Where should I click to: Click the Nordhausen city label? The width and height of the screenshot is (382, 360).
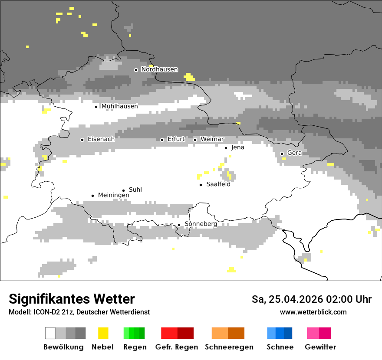(x=159, y=69)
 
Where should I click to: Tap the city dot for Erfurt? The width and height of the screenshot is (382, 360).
(x=162, y=140)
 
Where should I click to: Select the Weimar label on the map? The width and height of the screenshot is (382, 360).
(x=212, y=139)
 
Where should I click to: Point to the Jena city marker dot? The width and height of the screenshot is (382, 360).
(x=226, y=148)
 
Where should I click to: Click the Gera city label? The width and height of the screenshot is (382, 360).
(x=294, y=153)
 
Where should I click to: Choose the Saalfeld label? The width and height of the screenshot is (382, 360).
(x=218, y=184)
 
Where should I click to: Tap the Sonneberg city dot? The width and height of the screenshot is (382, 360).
(x=179, y=225)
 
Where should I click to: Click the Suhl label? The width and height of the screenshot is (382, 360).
(x=135, y=190)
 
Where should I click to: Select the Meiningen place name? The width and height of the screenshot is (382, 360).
(x=113, y=196)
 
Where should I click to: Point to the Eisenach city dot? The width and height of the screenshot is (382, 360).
(x=82, y=140)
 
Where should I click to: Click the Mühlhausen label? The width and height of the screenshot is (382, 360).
(x=119, y=106)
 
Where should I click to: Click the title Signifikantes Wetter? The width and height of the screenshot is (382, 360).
(x=72, y=299)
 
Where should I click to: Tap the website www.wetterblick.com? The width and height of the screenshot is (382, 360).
(x=313, y=312)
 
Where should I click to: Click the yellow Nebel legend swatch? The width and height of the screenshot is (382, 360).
(x=103, y=333)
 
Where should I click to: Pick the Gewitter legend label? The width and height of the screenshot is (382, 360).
(x=320, y=347)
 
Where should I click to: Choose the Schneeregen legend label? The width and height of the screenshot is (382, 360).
(x=229, y=347)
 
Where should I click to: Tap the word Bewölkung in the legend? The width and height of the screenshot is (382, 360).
(x=63, y=347)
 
